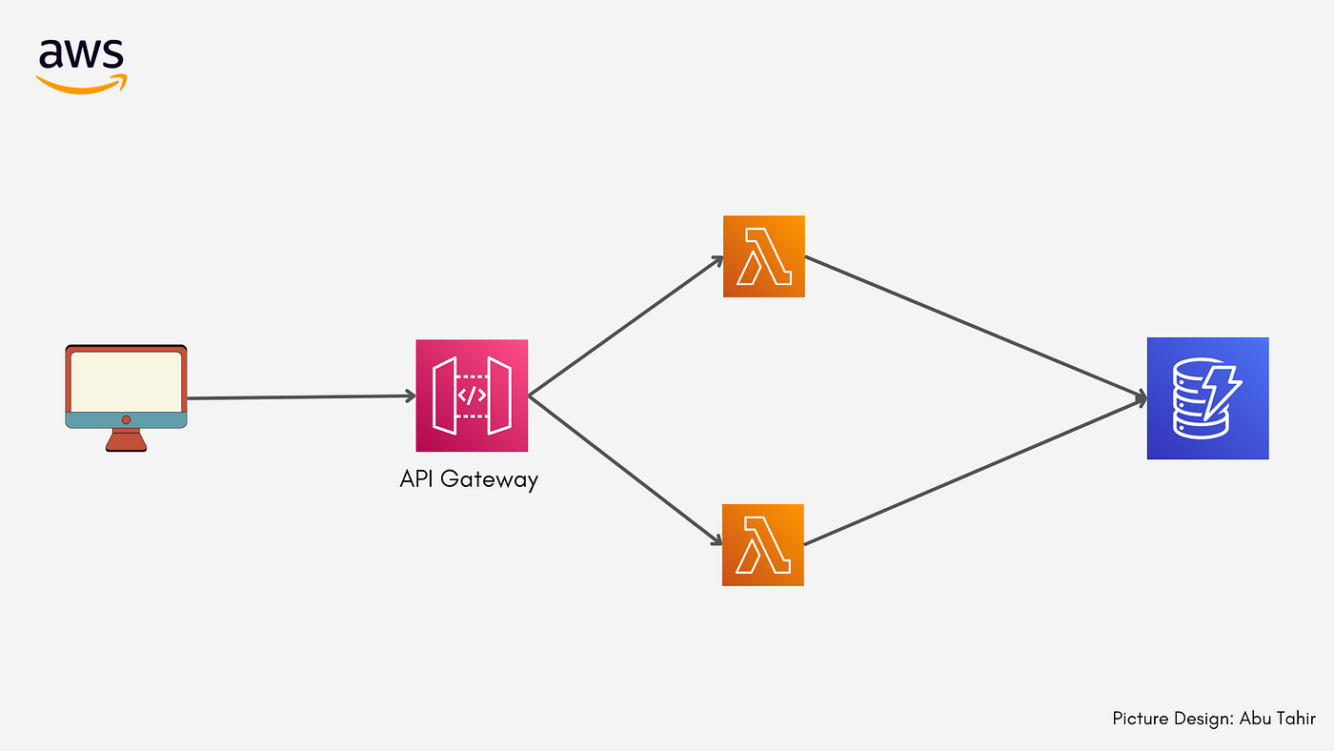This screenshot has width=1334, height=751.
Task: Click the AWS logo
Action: coord(82,65)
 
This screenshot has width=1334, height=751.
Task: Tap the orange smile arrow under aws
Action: coord(82,85)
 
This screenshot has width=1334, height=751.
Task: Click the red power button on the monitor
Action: coord(126,419)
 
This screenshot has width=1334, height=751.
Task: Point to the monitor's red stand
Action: coord(126,439)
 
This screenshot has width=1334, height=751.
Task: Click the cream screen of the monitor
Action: coord(125,380)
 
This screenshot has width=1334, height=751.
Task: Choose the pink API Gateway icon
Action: coord(472,396)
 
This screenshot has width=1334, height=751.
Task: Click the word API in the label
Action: coord(417,479)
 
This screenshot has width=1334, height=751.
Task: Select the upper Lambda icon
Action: coord(764,256)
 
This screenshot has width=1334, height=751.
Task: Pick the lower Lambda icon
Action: coord(763,545)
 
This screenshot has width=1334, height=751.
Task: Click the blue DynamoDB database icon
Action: coord(1207,398)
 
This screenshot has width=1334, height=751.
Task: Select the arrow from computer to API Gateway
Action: coord(300,397)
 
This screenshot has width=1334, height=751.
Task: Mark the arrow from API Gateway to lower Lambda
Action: coord(624,470)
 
